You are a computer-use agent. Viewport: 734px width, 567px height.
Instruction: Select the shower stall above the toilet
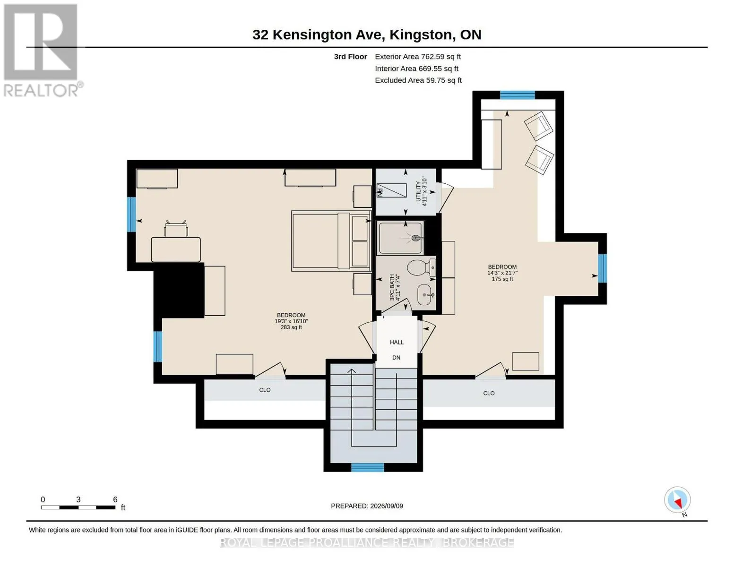400,238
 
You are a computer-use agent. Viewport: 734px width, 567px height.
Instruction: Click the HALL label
397,342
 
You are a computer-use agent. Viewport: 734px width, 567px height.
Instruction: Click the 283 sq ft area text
291,327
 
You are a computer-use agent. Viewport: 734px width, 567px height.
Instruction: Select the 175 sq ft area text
502,279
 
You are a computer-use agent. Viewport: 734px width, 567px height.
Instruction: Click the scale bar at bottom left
78,507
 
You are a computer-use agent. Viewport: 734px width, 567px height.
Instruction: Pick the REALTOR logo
42,51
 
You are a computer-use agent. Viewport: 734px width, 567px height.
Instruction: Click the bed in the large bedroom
331,241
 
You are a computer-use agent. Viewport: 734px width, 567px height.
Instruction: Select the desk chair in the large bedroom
176,229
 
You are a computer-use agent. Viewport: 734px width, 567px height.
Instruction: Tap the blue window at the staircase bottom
368,467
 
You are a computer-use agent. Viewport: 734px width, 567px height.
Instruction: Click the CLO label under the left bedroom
265,390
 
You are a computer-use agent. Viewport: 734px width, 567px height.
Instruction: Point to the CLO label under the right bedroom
489,393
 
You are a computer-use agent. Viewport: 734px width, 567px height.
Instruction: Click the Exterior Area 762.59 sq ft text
418,57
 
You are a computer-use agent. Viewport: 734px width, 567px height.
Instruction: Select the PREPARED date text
367,506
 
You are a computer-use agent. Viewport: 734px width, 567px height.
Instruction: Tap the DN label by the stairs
396,357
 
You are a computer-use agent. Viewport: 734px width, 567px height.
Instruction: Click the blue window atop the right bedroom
518,95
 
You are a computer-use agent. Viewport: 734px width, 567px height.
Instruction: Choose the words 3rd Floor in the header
350,57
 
